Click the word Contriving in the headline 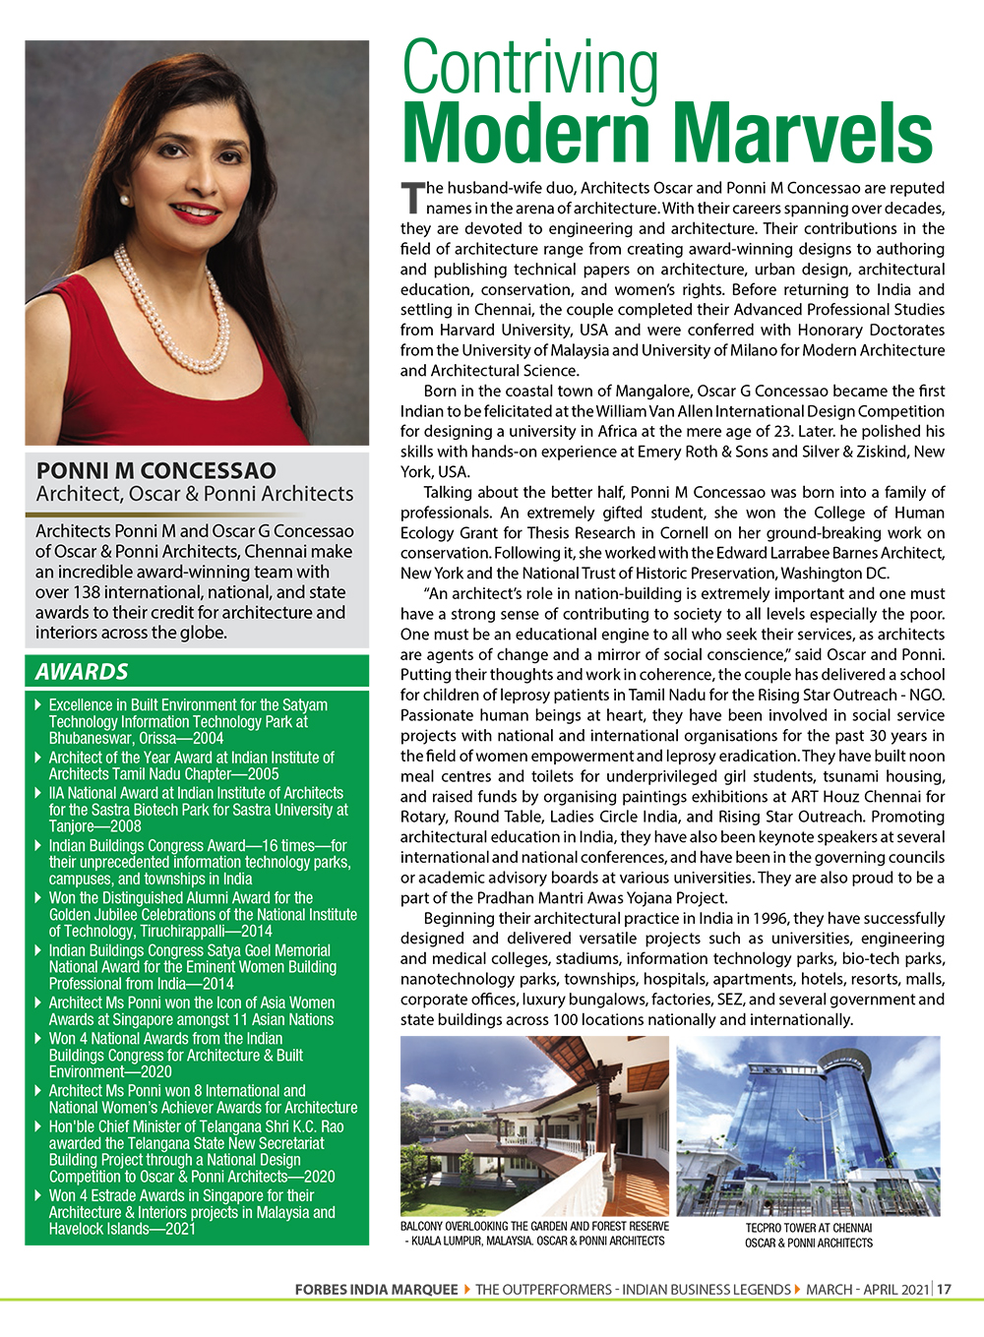(530, 70)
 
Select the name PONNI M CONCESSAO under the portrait (155, 470)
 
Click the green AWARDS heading (82, 672)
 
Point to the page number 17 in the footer (945, 1289)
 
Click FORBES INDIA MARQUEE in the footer (376, 1289)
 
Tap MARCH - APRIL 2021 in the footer (867, 1289)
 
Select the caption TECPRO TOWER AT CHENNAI (808, 1228)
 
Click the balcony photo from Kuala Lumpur (534, 1124)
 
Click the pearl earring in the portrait (124, 201)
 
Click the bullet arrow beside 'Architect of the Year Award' (38, 758)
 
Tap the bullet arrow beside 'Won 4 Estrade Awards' (38, 1195)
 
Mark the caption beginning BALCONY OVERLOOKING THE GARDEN (534, 1234)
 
